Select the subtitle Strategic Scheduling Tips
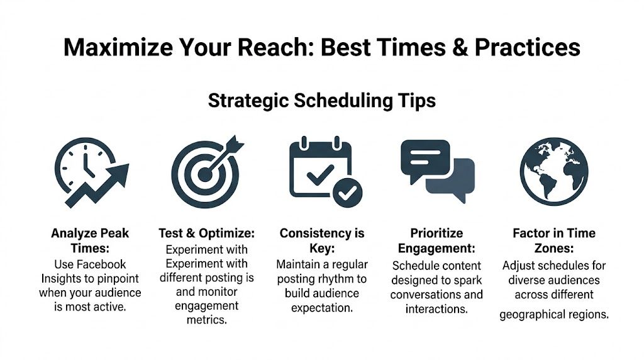[x=321, y=100]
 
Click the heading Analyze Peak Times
[x=90, y=240]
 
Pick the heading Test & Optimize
[x=206, y=233]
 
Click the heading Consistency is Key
[x=322, y=240]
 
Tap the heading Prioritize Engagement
[x=436, y=240]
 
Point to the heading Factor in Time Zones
[x=554, y=240]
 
